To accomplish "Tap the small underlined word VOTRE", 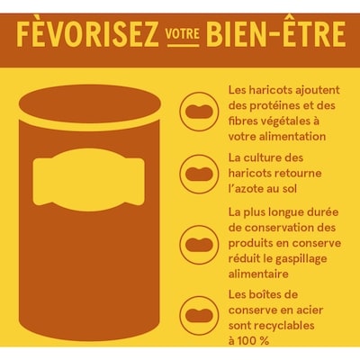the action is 183,34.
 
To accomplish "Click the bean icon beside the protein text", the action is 199,112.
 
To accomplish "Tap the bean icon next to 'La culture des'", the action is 199,174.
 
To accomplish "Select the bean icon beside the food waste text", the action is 199,244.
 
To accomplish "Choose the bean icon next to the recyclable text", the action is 199,315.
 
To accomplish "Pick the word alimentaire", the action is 258,274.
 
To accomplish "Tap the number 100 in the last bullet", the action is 247,341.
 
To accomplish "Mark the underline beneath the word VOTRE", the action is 184,45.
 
